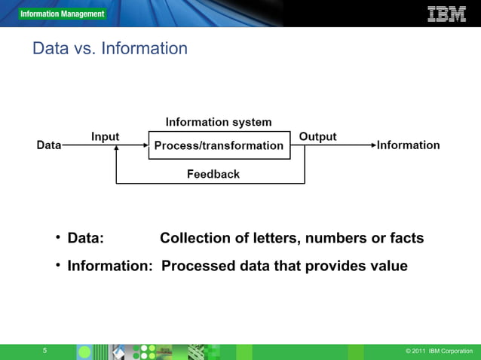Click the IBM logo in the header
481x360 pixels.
tap(446, 14)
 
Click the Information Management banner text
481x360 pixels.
tap(63, 14)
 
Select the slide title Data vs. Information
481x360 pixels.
tap(110, 49)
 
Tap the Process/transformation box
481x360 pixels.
tap(219, 145)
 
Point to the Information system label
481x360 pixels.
tap(219, 122)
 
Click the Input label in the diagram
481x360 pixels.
tap(106, 136)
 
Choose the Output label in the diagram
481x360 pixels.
tap(317, 136)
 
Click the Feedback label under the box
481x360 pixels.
tap(213, 174)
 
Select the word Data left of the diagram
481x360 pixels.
tap(49, 145)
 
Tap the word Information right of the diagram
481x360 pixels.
tap(408, 145)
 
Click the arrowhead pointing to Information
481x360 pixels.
tap(371, 145)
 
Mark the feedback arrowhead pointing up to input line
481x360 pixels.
tap(116, 150)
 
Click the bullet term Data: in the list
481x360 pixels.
tap(85, 239)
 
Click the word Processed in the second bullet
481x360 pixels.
tap(196, 266)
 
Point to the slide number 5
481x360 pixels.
tap(44, 351)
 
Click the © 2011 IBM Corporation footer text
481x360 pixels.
tap(439, 352)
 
